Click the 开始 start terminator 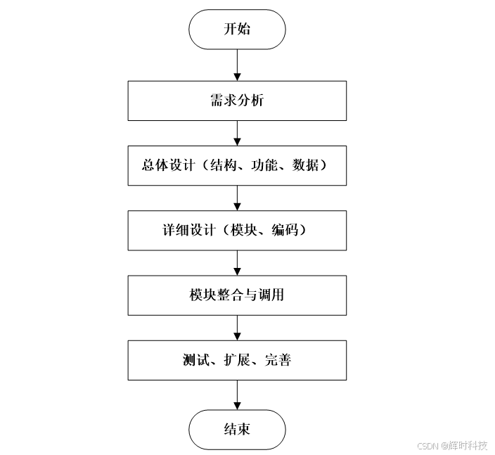point(237,30)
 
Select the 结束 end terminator point(237,430)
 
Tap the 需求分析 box point(237,101)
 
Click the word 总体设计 point(162,166)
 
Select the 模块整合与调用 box point(237,295)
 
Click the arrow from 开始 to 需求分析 point(237,65)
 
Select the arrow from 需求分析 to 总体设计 point(237,132)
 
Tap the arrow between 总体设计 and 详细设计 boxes point(237,198)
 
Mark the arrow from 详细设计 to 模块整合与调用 point(237,263)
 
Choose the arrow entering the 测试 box point(237,328)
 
